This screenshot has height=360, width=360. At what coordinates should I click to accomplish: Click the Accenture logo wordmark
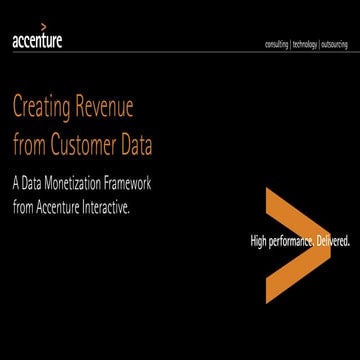click(35, 43)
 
